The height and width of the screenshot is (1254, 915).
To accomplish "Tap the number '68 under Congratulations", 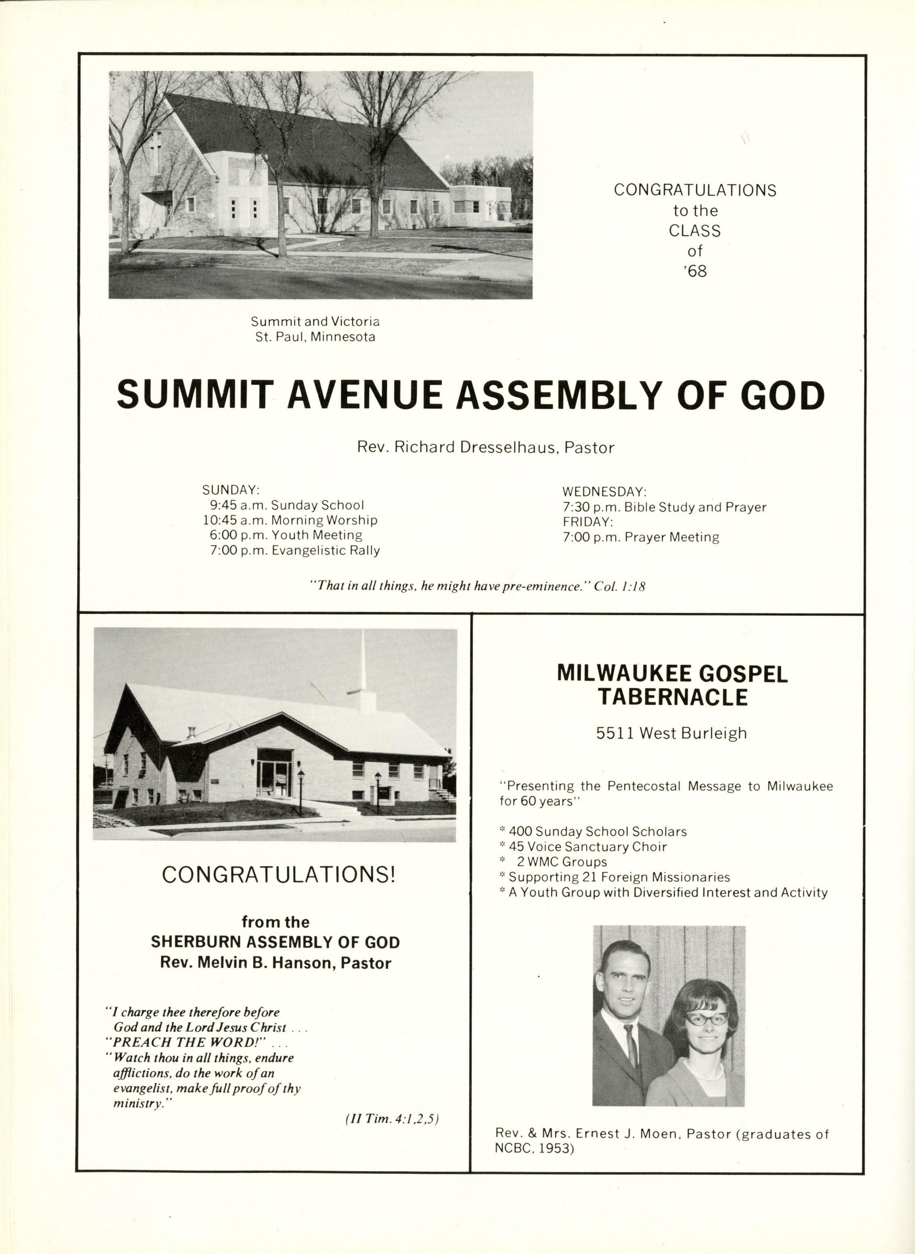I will [696, 271].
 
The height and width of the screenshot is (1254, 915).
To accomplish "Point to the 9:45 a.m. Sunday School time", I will [238, 505].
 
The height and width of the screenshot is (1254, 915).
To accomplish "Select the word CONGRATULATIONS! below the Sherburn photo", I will [279, 875].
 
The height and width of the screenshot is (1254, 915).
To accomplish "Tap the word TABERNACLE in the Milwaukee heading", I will [672, 698].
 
